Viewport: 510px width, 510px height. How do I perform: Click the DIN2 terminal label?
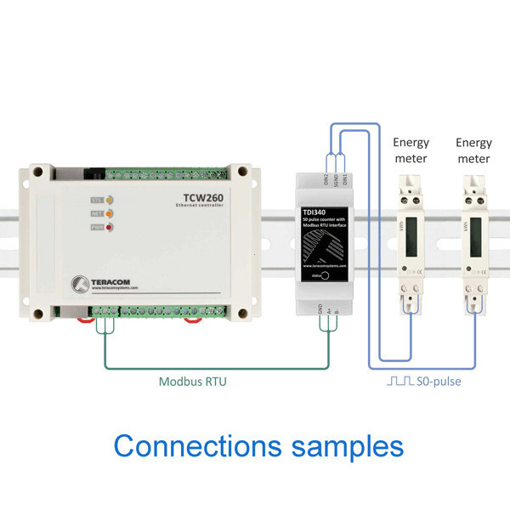[x=326, y=180]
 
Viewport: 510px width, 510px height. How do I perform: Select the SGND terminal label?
[x=336, y=180]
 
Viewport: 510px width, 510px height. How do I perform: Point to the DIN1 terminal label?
[x=345, y=180]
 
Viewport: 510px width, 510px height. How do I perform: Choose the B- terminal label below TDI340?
[x=337, y=313]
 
